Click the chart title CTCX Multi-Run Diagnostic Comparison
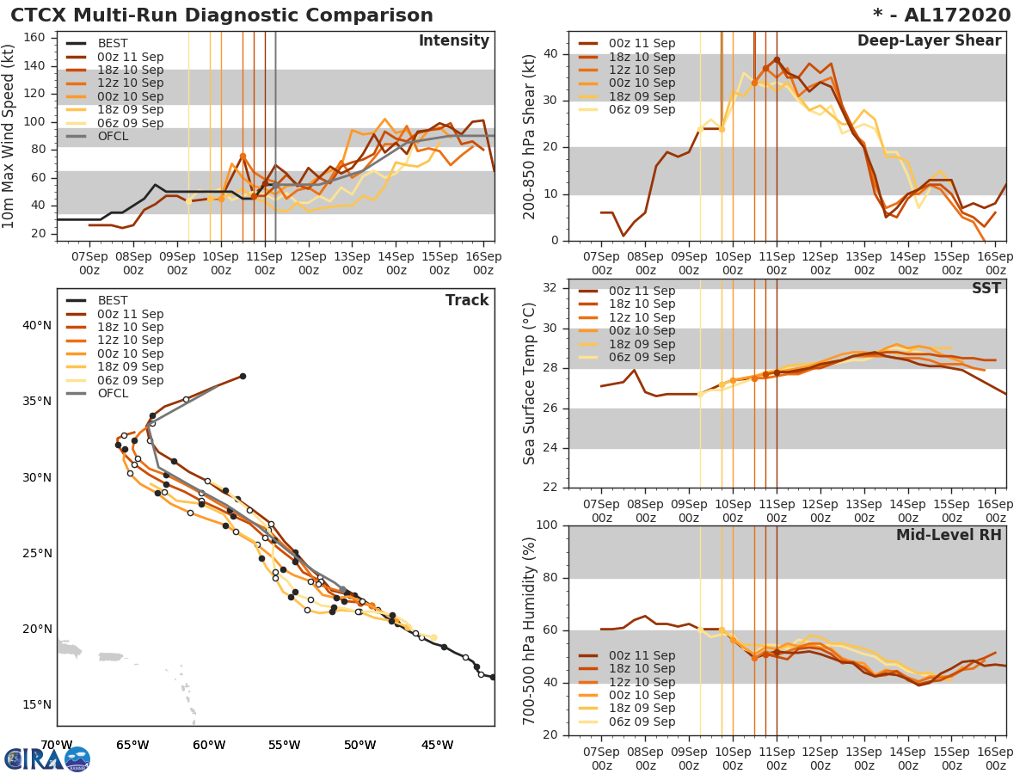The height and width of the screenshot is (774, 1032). (222, 15)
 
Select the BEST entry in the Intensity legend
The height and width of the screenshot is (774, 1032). (113, 44)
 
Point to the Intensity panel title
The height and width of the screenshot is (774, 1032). (454, 41)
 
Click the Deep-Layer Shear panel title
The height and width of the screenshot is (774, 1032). (929, 41)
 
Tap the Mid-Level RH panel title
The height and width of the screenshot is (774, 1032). (949, 535)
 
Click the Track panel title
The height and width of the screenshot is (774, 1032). (467, 300)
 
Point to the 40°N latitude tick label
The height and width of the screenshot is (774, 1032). (35, 325)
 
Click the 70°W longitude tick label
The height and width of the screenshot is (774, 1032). (57, 745)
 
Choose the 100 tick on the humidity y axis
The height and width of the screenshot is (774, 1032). (547, 525)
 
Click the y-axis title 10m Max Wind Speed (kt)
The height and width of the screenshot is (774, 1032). (9, 136)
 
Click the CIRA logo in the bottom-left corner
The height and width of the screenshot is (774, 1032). (47, 759)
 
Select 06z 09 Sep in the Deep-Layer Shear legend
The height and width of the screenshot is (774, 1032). (642, 110)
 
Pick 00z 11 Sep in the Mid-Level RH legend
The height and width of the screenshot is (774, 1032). (642, 655)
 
